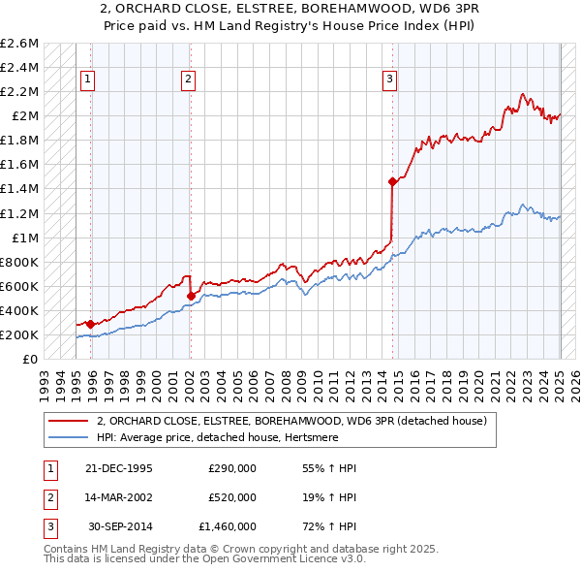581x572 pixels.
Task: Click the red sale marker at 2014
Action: click(392, 181)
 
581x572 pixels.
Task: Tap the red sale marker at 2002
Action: click(191, 296)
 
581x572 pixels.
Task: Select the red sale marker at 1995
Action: click(91, 324)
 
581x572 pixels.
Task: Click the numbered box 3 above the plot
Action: click(389, 80)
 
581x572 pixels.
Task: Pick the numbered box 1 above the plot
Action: click(88, 80)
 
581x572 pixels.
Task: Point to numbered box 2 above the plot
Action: click(188, 80)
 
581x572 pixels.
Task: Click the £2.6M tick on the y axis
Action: click(20, 44)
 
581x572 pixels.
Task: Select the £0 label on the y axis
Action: click(31, 359)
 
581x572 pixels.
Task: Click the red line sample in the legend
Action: click(69, 421)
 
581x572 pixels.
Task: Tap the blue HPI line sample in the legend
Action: click(69, 437)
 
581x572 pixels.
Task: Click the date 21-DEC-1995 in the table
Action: click(120, 468)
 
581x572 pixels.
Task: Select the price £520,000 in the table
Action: click(232, 497)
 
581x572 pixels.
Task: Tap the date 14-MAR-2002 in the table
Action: click(120, 497)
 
